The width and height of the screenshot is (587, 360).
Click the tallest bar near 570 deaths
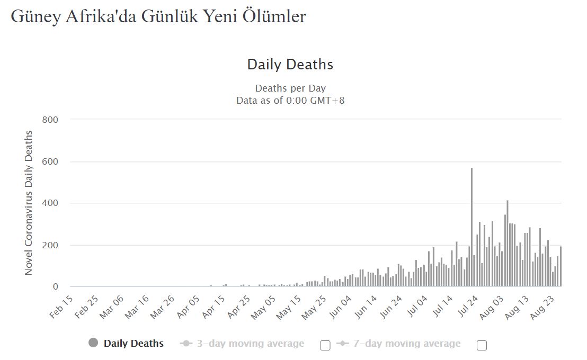(472, 228)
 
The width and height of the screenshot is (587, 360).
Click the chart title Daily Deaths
(290, 65)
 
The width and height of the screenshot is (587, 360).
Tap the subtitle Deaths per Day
(290, 88)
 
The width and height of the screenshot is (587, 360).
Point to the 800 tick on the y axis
(49, 120)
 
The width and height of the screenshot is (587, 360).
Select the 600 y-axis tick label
(49, 161)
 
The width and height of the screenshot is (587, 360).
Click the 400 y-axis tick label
(49, 203)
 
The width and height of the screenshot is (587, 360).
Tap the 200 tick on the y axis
(49, 245)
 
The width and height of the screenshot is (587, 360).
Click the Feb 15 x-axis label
(61, 307)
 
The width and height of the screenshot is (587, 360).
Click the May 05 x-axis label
(264, 307)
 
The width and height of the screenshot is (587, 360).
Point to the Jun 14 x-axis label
(366, 307)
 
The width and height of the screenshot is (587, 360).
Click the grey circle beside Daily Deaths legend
(94, 343)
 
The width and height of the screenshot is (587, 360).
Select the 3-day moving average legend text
(251, 344)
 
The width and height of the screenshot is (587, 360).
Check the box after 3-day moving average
(325, 345)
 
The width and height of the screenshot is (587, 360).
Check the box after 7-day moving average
(482, 345)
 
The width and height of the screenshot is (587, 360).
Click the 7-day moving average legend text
(407, 344)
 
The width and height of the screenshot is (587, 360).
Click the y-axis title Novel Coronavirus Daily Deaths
(29, 203)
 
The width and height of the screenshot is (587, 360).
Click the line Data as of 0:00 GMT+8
(290, 100)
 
